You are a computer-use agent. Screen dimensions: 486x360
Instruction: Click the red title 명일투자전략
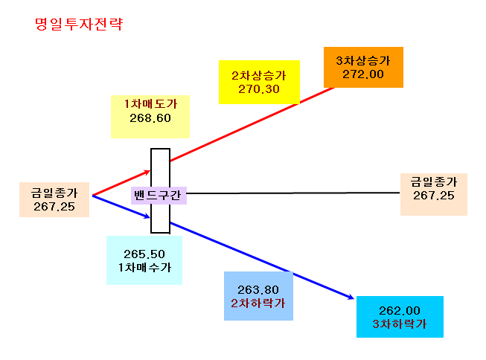coord(79,24)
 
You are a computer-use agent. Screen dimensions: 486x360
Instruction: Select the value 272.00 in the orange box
coord(363,74)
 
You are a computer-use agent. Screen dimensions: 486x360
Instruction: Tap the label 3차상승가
coord(363,61)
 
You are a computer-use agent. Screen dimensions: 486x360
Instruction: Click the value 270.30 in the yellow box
coord(259,89)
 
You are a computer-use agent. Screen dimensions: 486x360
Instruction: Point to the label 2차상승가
coord(259,76)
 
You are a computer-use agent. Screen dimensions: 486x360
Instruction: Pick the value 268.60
coord(150,118)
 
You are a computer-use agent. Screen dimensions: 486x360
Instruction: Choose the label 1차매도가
coord(150,104)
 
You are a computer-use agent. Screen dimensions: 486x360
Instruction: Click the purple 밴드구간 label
coord(158,196)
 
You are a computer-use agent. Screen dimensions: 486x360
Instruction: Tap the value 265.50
coord(144,254)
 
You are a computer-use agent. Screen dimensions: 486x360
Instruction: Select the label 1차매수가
coord(144,267)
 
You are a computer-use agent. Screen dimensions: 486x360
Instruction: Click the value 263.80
coord(258,290)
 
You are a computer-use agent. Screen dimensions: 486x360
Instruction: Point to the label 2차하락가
coord(258,303)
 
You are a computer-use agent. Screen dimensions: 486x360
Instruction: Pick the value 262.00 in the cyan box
coord(400,311)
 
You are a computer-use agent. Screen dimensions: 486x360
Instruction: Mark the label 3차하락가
coord(400,324)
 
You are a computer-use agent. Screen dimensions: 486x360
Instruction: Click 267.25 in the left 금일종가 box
coord(54,207)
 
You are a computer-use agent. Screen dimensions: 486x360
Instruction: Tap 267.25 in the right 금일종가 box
coord(434,196)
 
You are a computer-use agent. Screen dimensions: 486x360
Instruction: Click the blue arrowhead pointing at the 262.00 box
coord(351,297)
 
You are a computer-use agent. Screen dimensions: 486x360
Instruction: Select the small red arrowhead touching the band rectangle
coord(147,172)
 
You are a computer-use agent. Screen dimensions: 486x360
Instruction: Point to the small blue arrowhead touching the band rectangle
coord(147,216)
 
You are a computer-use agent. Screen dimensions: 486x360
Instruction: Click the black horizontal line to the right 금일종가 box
coord(293,193)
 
